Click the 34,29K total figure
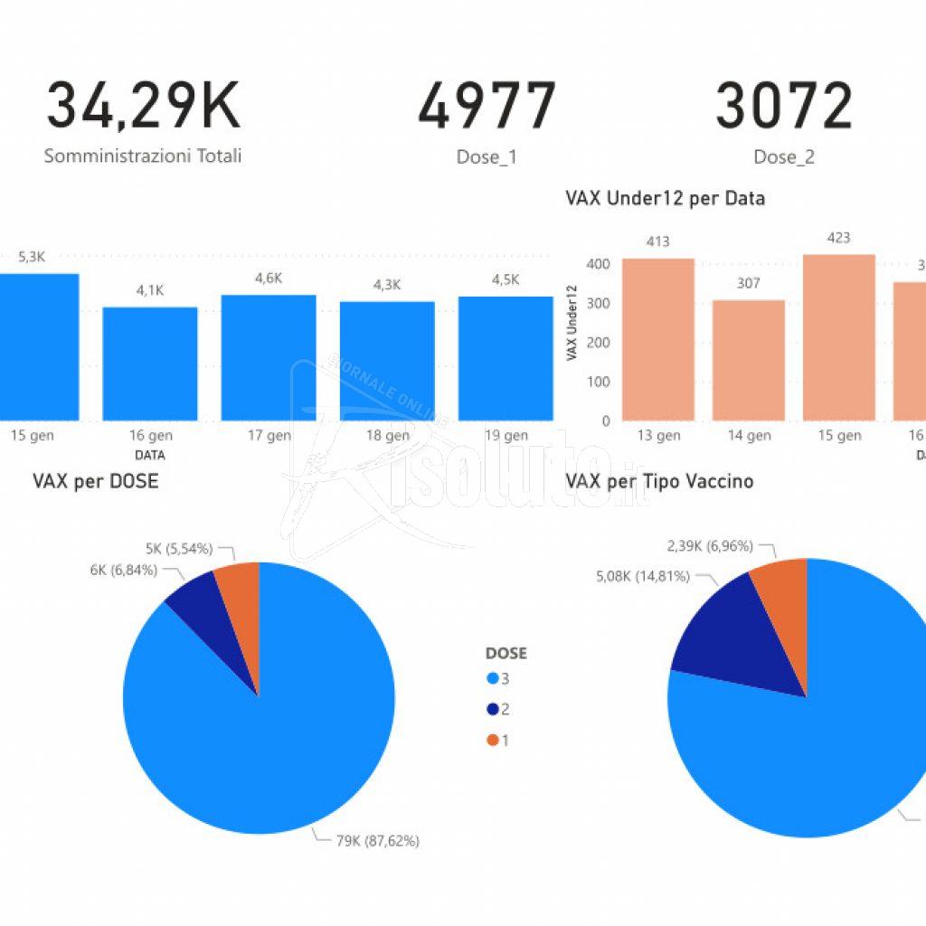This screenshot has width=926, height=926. [143, 106]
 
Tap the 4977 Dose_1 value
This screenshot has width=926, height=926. [487, 106]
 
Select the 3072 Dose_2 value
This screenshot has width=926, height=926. [784, 106]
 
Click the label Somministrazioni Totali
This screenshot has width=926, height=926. [143, 156]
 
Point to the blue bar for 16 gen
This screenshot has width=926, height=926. [150, 364]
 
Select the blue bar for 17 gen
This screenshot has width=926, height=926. [269, 357]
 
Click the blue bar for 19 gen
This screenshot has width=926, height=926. [506, 358]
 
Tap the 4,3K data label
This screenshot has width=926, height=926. [387, 285]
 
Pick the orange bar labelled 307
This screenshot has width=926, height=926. [749, 360]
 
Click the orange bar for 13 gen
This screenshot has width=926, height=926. [658, 339]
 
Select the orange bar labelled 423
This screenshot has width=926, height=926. [839, 337]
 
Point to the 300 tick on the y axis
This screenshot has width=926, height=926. [599, 303]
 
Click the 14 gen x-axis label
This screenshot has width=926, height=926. [749, 436]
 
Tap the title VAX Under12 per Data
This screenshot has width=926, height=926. [665, 197]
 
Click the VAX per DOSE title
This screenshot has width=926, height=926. [95, 480]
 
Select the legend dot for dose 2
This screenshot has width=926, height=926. [492, 709]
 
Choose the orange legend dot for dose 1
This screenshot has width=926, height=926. [492, 740]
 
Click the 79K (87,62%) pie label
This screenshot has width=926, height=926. [377, 841]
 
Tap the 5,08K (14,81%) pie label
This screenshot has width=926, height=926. [643, 575]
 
